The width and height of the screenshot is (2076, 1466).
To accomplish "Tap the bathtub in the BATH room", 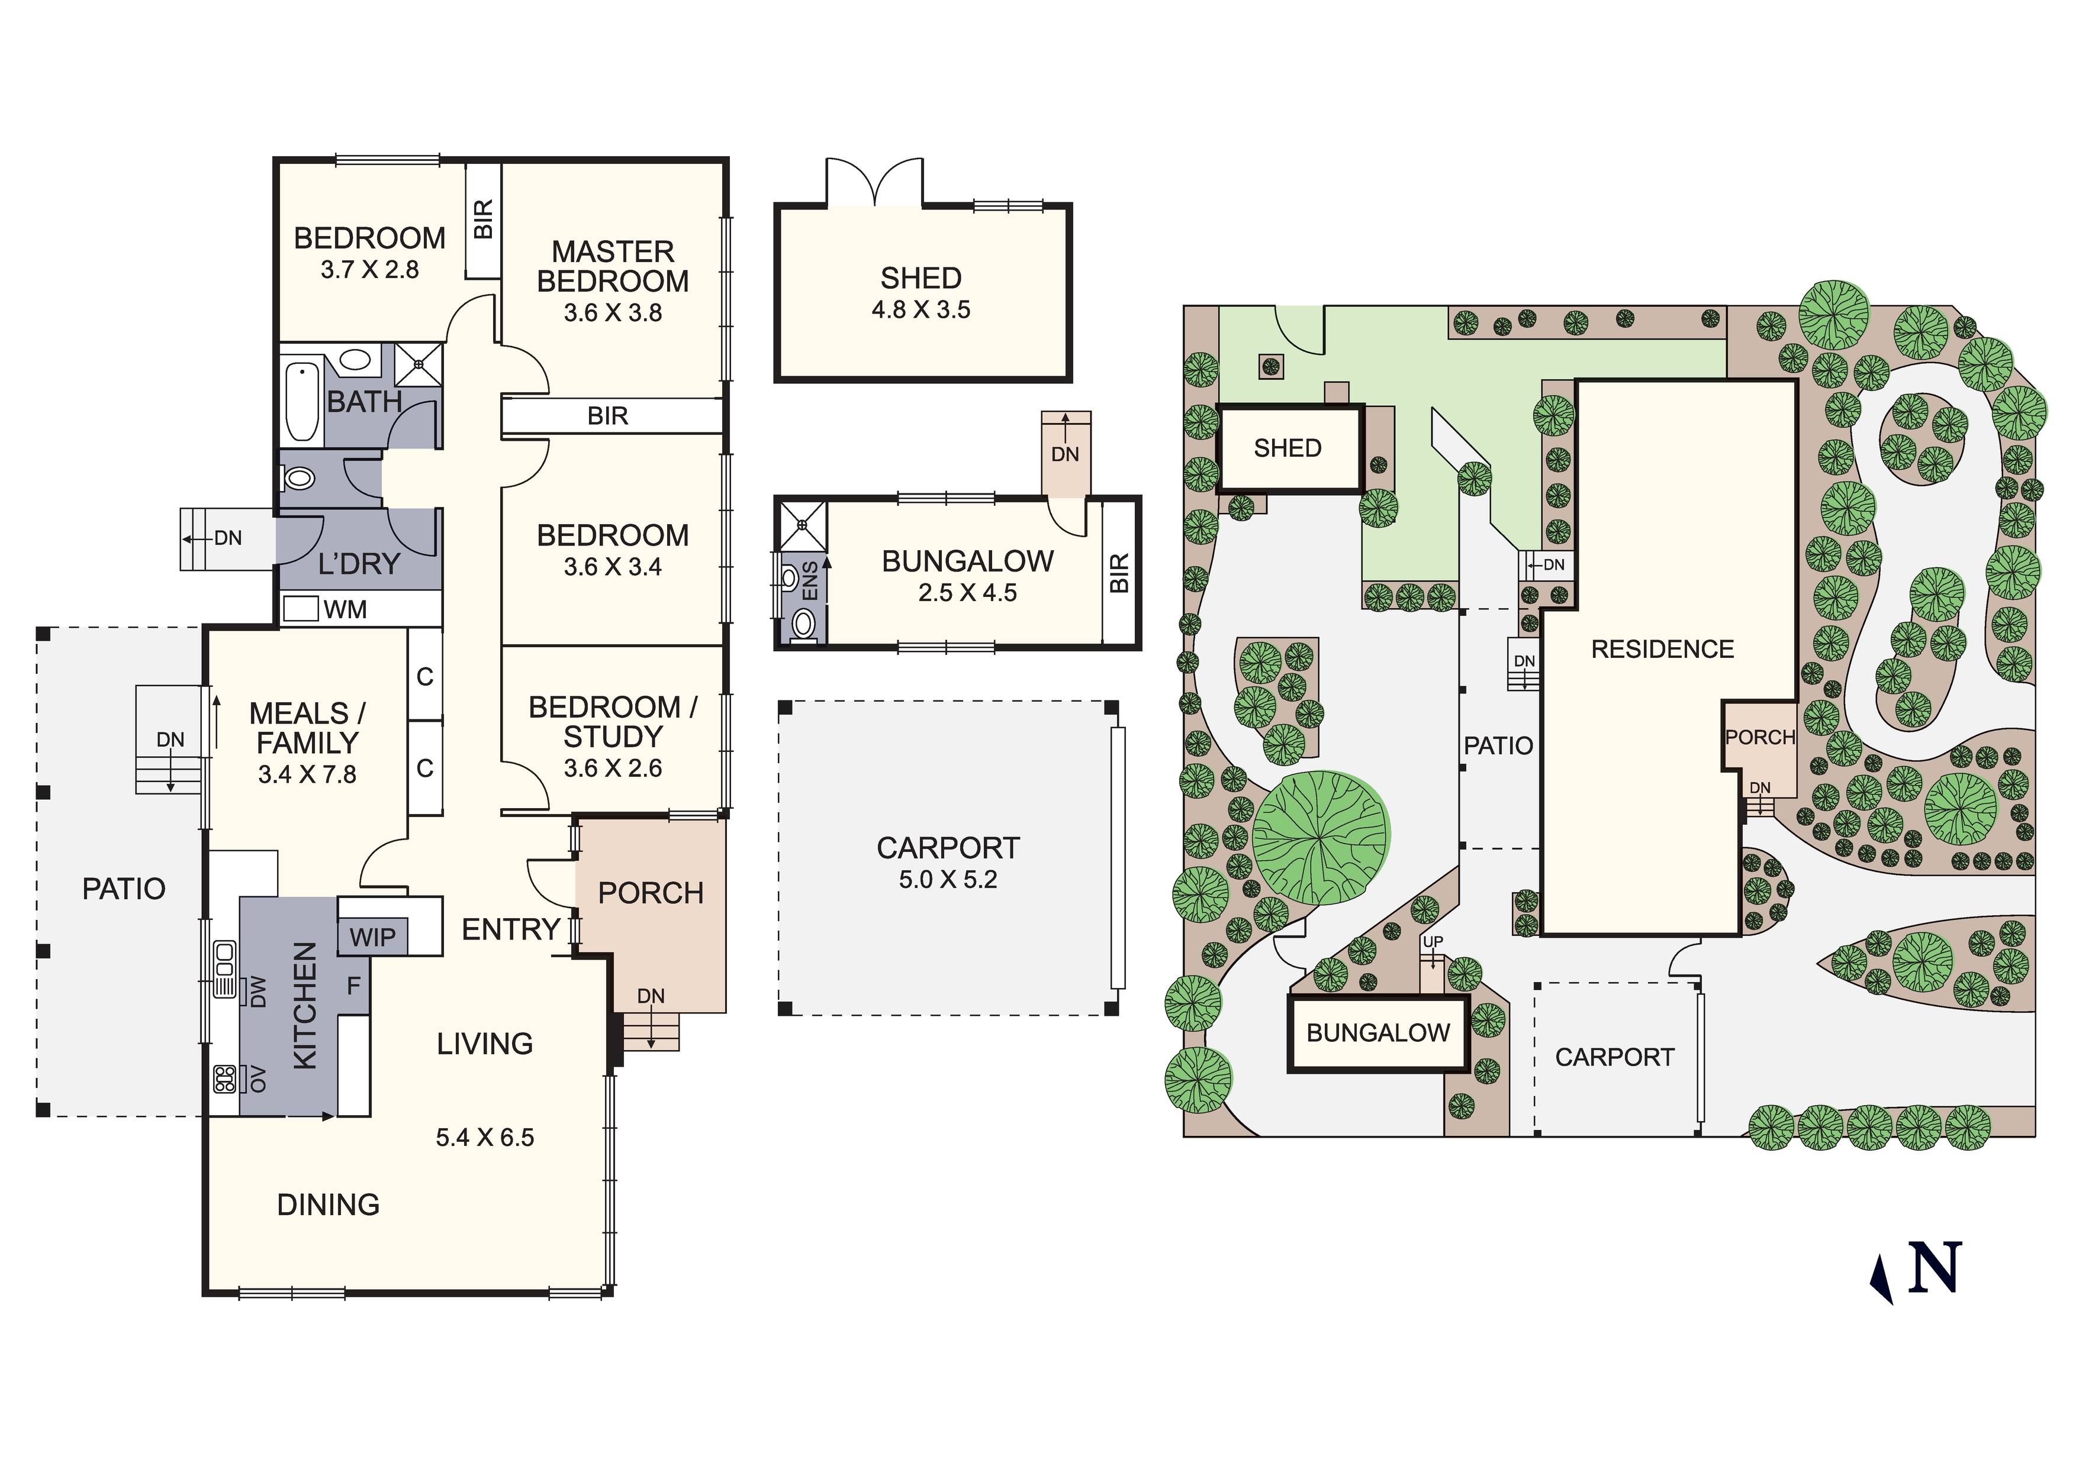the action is point(301,401).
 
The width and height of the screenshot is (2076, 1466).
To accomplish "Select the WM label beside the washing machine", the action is point(345,610).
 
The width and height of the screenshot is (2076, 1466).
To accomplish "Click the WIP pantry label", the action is point(372,937).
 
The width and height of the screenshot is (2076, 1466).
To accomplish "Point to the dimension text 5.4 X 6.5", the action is point(485,1137).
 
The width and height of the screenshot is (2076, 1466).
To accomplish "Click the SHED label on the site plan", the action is point(1288,448).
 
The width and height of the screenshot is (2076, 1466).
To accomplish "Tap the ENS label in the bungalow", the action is point(810,580).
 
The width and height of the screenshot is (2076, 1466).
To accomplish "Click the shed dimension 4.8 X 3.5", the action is point(920,310).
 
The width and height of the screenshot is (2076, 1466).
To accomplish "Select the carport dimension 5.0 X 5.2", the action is point(948,879).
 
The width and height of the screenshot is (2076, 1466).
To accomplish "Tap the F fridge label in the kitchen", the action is point(353,985).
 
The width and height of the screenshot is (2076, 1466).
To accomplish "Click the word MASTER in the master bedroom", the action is point(613,251).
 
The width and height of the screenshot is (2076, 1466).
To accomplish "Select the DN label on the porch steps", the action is point(651,996).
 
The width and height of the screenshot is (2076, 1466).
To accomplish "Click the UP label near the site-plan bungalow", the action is point(1433,942).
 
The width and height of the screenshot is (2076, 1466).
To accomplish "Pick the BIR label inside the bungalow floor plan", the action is point(1119,573).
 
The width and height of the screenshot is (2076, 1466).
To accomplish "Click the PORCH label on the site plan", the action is point(1759,738).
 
